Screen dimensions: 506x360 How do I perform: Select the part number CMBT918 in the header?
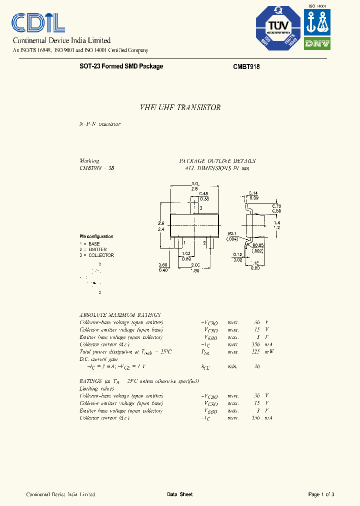pyautogui.click(x=246, y=66)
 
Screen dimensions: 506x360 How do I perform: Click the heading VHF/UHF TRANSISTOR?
pyautogui.click(x=179, y=107)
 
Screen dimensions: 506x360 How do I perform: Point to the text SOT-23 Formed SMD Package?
pyautogui.click(x=121, y=66)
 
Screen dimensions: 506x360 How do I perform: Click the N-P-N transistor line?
pyautogui.click(x=100, y=124)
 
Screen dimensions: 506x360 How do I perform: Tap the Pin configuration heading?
pyautogui.click(x=96, y=236)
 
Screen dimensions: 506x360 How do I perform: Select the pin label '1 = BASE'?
pyautogui.click(x=90, y=243)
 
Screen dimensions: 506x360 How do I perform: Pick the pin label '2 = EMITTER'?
pyautogui.click(x=93, y=249)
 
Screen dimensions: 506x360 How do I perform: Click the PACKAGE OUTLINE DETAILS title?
pyautogui.click(x=217, y=161)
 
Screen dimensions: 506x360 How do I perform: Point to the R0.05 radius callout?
pyautogui.click(x=257, y=245)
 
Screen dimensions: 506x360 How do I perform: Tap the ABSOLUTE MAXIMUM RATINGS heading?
pyautogui.click(x=120, y=315)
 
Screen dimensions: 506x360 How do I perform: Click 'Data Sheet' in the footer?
pyautogui.click(x=179, y=494)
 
